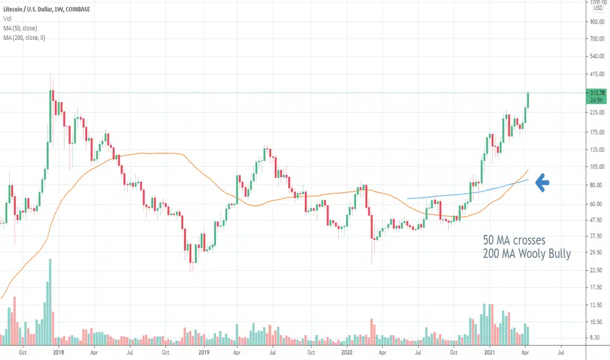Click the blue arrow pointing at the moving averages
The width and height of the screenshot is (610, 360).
click(x=543, y=183)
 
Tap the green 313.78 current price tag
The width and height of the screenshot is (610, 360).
click(x=597, y=96)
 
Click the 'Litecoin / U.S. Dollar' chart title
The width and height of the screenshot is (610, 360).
click(x=27, y=9)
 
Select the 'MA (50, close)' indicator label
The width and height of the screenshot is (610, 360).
click(x=20, y=28)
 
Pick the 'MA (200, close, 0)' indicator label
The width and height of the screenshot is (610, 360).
click(x=24, y=38)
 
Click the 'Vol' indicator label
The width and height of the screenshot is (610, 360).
click(x=7, y=19)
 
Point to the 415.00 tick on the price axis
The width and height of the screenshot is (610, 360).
click(x=597, y=74)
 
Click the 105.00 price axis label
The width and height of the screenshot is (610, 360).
click(x=597, y=166)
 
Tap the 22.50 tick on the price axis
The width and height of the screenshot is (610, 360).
click(x=597, y=270)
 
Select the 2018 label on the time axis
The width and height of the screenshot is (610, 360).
click(x=58, y=353)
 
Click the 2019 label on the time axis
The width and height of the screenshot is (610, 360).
click(x=204, y=353)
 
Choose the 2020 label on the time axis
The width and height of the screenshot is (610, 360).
click(x=347, y=353)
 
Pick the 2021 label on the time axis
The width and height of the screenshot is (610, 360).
click(x=490, y=353)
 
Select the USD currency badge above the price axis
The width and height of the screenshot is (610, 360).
click(x=598, y=8)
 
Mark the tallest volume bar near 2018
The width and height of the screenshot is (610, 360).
click(x=50, y=302)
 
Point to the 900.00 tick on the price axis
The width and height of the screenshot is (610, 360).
click(x=597, y=22)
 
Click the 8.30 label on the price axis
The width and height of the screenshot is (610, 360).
click(x=595, y=338)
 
